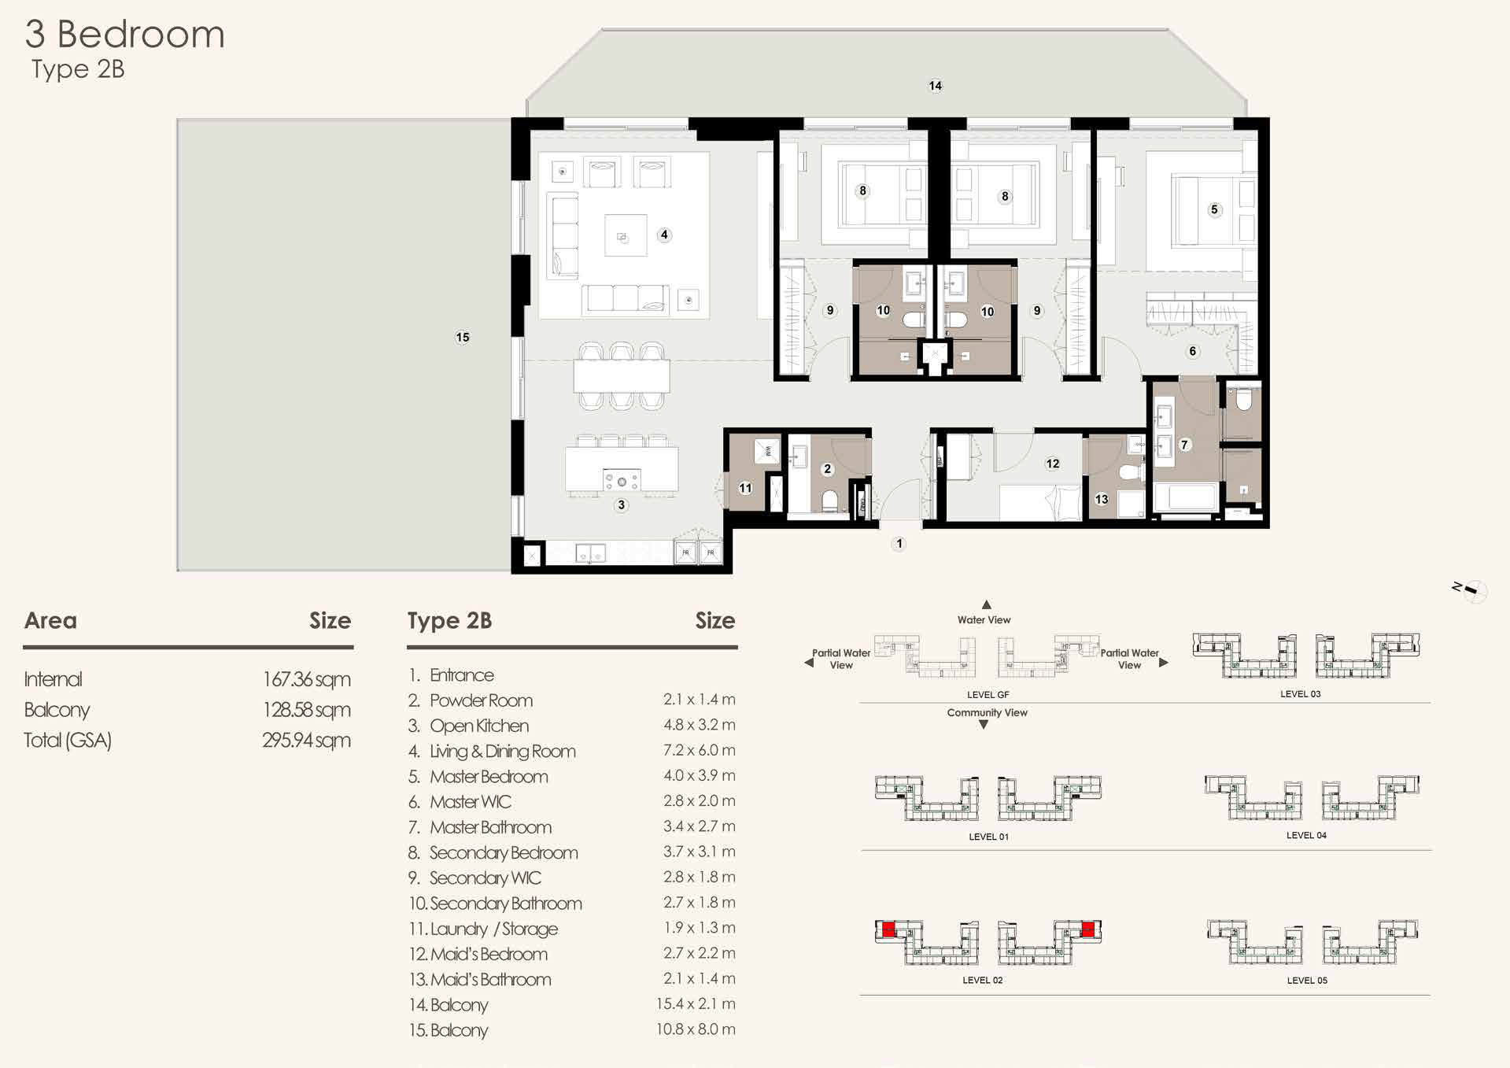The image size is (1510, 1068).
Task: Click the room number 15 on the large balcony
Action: [x=463, y=337]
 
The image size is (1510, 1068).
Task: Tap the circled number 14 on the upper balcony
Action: [x=935, y=85]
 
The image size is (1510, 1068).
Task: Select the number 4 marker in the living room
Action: [x=664, y=235]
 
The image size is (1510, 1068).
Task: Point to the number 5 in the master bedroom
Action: [x=1214, y=209]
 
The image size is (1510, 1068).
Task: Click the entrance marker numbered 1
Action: [x=899, y=544]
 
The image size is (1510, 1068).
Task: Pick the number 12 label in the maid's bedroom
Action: [x=1053, y=464]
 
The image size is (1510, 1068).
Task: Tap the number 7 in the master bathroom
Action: [x=1184, y=445]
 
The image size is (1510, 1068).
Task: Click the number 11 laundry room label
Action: [x=745, y=488]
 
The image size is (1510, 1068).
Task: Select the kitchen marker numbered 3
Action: [x=622, y=505]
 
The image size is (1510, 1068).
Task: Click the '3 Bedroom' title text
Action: [x=125, y=35]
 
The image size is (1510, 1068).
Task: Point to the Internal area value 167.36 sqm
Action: [x=307, y=679]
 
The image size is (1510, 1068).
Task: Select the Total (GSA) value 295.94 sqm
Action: [x=307, y=740]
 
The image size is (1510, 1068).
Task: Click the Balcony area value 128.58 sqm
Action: [x=307, y=710]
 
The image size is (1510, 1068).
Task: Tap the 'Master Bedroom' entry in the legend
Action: [x=489, y=777]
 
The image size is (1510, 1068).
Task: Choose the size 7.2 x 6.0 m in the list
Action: [x=699, y=750]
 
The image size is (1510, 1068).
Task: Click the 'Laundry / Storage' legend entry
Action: [x=494, y=929]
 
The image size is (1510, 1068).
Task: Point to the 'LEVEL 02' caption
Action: [x=983, y=980]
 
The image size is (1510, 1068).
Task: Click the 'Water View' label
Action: [x=984, y=619]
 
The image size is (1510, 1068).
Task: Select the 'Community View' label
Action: [x=987, y=712]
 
